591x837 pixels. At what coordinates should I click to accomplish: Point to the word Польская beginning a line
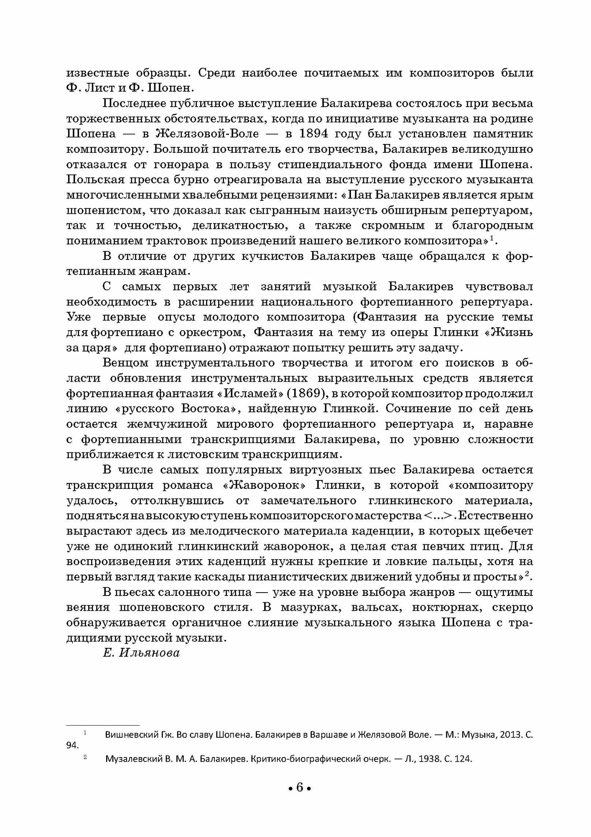click(94, 180)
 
